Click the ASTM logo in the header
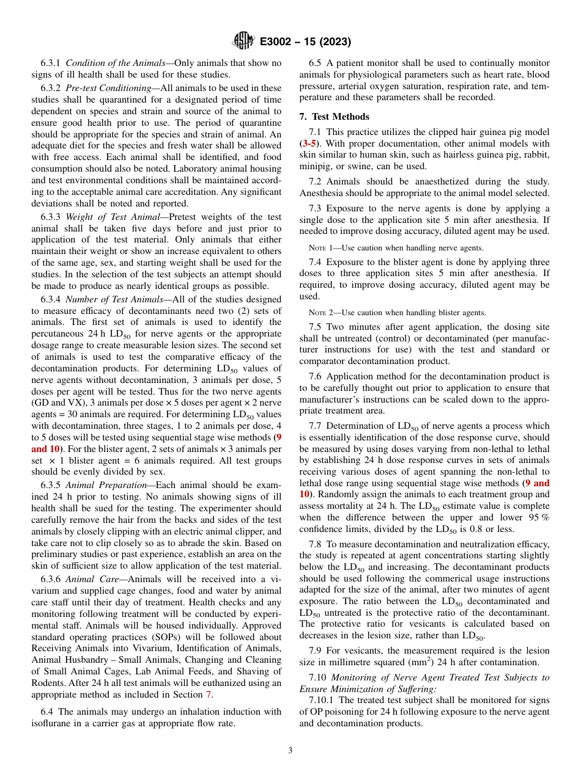point(243,42)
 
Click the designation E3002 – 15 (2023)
point(305,42)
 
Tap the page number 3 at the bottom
point(290,751)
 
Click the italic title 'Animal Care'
point(89,579)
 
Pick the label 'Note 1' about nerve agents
point(321,247)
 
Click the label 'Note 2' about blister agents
point(321,312)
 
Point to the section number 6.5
point(316,63)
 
